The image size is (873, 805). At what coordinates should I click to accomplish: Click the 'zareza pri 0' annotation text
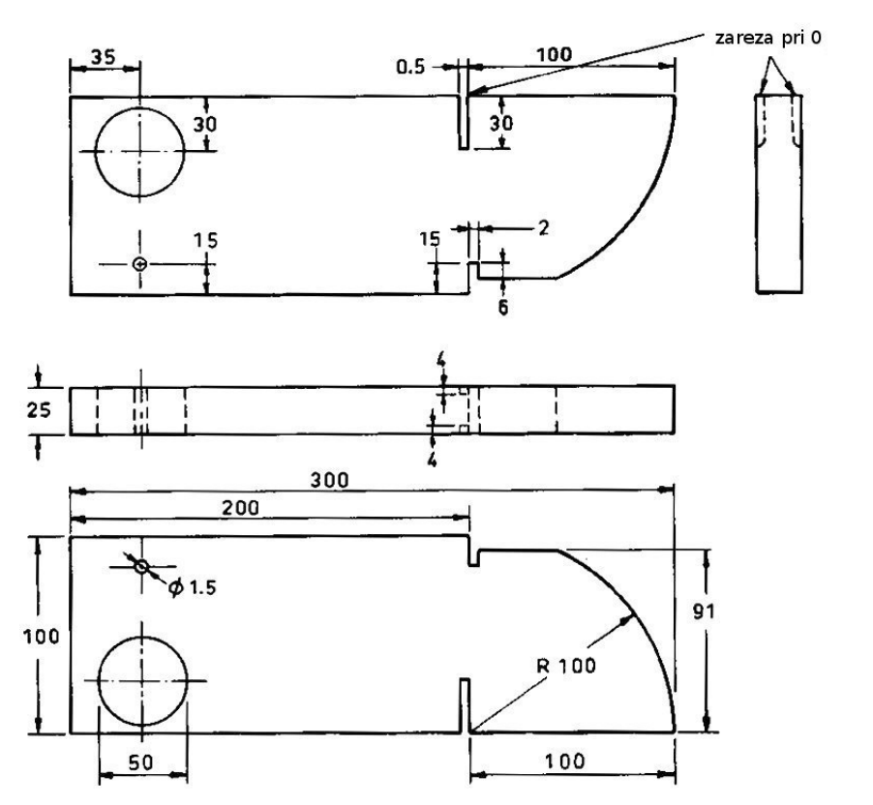tap(768, 38)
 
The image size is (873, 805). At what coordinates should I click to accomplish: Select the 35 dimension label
tap(103, 56)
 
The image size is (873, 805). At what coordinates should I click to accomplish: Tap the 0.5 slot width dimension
tap(410, 68)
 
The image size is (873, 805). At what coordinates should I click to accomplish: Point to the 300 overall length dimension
tap(330, 480)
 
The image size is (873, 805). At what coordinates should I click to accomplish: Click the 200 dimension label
tap(241, 508)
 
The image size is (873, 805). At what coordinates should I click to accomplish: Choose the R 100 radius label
tap(565, 666)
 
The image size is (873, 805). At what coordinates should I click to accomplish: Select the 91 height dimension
tap(704, 611)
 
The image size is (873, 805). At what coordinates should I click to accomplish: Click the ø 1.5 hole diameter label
tap(192, 587)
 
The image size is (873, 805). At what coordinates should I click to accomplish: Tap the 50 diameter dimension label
tap(140, 762)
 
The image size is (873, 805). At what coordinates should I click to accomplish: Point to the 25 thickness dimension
tap(39, 410)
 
